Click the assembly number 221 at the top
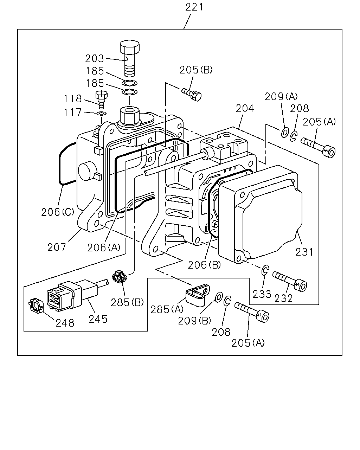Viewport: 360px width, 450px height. [x=194, y=7]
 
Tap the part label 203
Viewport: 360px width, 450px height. [x=94, y=59]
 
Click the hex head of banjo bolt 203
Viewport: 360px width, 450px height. [x=130, y=47]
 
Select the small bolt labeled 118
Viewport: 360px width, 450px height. [x=102, y=99]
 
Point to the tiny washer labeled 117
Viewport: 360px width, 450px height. [x=102, y=114]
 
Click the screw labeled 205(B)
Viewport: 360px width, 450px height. [x=191, y=95]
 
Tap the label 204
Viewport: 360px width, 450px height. [x=245, y=109]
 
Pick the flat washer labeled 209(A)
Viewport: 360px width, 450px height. [x=285, y=132]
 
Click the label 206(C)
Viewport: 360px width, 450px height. [x=58, y=212]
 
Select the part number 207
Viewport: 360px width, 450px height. [x=57, y=247]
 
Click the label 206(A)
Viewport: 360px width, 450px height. [x=104, y=248]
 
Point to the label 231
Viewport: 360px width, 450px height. [x=304, y=252]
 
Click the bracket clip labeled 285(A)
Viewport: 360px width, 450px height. [x=198, y=295]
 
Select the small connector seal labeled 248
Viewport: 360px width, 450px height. [x=36, y=306]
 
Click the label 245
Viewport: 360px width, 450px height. [x=98, y=319]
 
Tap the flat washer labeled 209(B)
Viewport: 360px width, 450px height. [x=219, y=297]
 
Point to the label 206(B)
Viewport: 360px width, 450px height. [x=204, y=265]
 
